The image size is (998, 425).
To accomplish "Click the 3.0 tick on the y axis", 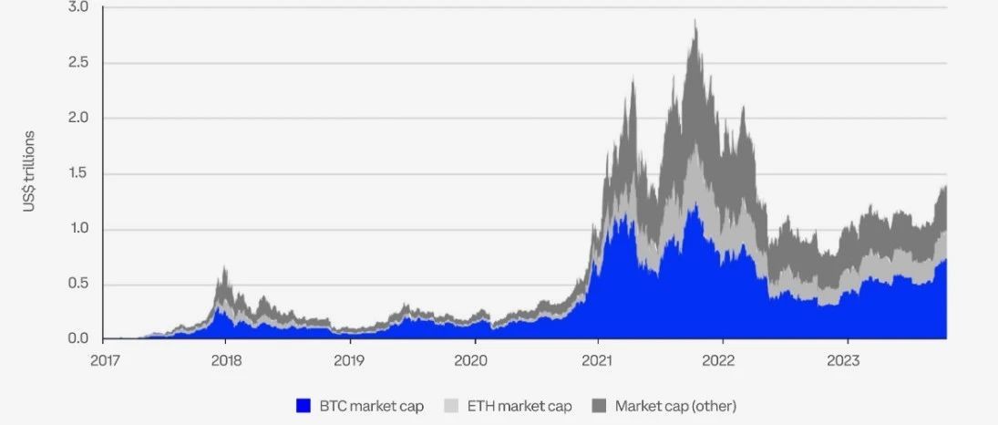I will click(77, 8).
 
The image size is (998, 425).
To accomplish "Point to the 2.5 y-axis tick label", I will click(77, 63).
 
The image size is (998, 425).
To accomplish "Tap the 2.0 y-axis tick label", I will click(77, 119).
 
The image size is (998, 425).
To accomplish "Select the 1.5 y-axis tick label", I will click(77, 174).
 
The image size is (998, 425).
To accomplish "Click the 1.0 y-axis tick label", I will click(77, 230).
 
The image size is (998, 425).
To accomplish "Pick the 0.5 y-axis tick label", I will click(77, 285).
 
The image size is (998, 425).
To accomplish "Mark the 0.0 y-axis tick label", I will click(77, 339).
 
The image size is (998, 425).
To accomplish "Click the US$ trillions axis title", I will click(28, 172).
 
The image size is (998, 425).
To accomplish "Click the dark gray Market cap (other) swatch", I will click(599, 406).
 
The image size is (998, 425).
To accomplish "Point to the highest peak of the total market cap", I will click(696, 20).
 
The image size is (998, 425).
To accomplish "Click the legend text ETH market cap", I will click(520, 406).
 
